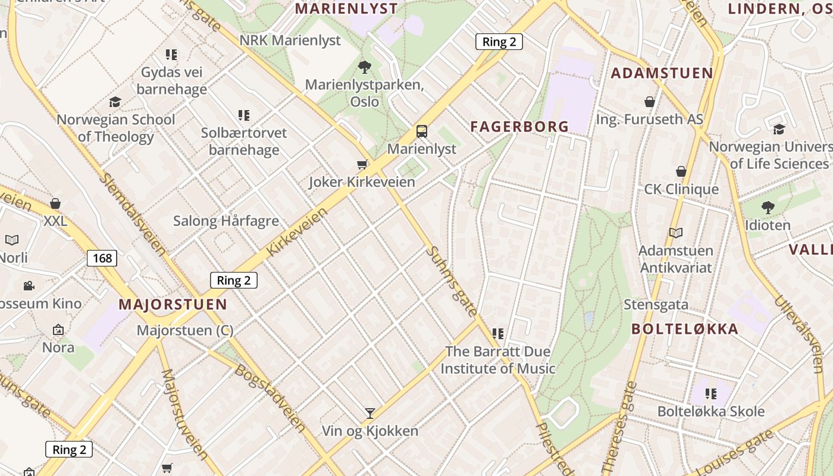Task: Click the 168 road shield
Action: [x=102, y=258]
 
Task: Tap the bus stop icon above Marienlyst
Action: [x=421, y=131]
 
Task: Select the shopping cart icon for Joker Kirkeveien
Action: [x=362, y=164]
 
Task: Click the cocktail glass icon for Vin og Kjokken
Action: [x=370, y=412]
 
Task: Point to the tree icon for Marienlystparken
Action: [x=365, y=67]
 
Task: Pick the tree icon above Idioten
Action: [x=768, y=208]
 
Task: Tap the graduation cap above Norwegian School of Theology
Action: [x=115, y=102]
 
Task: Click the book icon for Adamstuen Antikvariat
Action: [x=675, y=233]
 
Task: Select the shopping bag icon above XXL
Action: [x=55, y=203]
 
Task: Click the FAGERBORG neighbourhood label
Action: [x=519, y=126]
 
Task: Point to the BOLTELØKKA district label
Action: [x=684, y=329]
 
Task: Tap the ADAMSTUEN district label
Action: [x=662, y=73]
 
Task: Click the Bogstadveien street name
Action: [x=271, y=398]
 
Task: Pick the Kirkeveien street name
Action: [x=297, y=231]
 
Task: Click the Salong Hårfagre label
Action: [x=226, y=221]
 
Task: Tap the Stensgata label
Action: [x=656, y=305]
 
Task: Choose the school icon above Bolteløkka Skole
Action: [x=710, y=393]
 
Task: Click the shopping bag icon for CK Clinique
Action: [x=681, y=172]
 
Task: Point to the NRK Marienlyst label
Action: [x=290, y=40]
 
